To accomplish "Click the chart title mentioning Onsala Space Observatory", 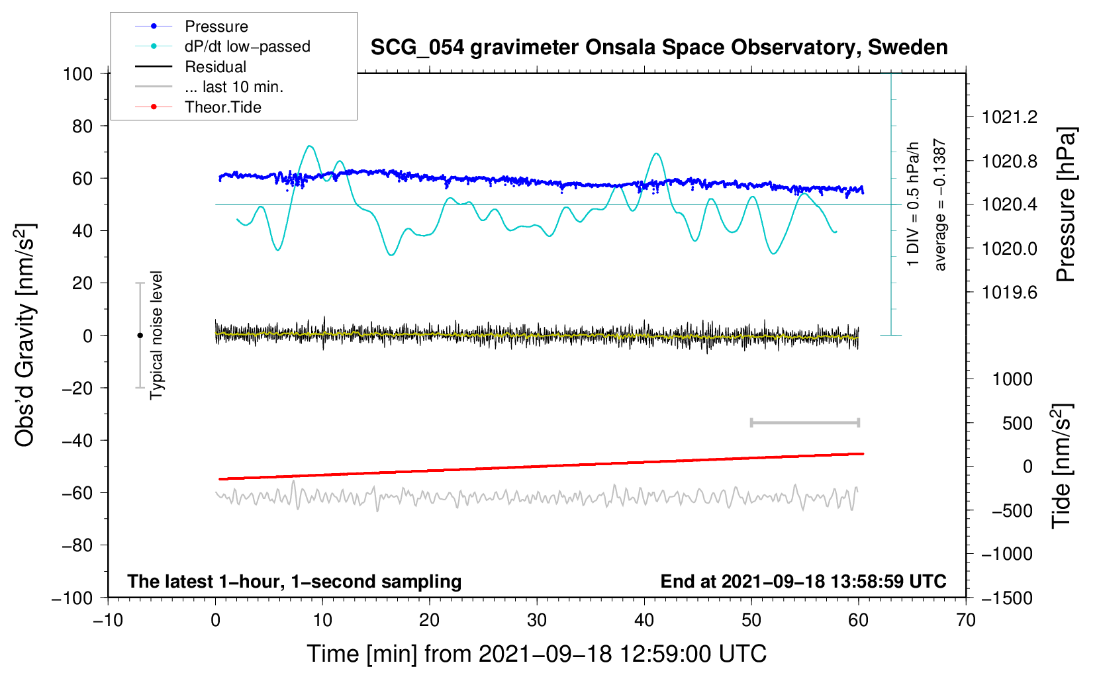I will pyautogui.click(x=659, y=48).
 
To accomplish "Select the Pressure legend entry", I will pyautogui.click(x=216, y=26).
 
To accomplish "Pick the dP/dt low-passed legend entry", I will pyautogui.click(x=247, y=46).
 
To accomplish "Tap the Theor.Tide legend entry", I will pyautogui.click(x=222, y=107).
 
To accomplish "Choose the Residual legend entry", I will pyautogui.click(x=215, y=67).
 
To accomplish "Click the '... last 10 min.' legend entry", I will pyautogui.click(x=234, y=87).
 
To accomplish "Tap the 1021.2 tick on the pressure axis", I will pyautogui.click(x=1010, y=118).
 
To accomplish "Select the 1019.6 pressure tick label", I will pyautogui.click(x=1010, y=292).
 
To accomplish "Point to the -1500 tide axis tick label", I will pyautogui.click(x=1006, y=598).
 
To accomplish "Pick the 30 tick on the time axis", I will pyautogui.click(x=537, y=621).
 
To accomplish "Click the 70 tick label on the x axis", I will pyautogui.click(x=966, y=621).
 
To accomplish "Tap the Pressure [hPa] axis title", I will pyautogui.click(x=1065, y=205).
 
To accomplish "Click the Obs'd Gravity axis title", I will pyautogui.click(x=24, y=336).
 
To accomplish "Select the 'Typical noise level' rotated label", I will pyautogui.click(x=156, y=336).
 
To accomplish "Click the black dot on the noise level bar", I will pyautogui.click(x=140, y=336).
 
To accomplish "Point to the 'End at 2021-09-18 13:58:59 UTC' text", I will pyautogui.click(x=803, y=582).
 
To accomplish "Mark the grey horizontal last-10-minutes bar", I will pyautogui.click(x=804, y=423).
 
